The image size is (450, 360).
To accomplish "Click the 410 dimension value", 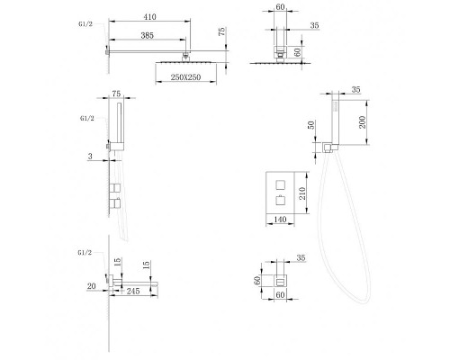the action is pyautogui.click(x=149, y=17).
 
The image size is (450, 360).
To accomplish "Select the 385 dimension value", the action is pyautogui.click(x=148, y=35).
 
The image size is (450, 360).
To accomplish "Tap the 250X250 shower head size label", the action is pyautogui.click(x=185, y=77).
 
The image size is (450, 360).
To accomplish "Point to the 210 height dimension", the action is pyautogui.click(x=302, y=193).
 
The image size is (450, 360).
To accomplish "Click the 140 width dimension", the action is pyautogui.click(x=280, y=220).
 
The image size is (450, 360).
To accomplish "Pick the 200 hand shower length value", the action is pyautogui.click(x=363, y=122).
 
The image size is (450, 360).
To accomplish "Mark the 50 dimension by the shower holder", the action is pyautogui.click(x=311, y=125).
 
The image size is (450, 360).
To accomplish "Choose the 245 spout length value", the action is pyautogui.click(x=133, y=291).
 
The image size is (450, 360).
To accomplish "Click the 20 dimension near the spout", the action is pyautogui.click(x=92, y=286).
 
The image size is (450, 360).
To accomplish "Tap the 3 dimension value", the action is pyautogui.click(x=90, y=157).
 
